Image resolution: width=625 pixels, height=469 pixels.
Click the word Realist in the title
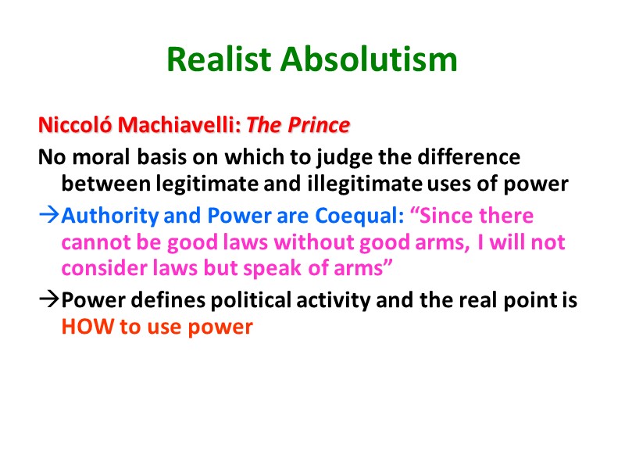point(220,59)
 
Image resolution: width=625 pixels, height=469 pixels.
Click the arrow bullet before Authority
point(48,215)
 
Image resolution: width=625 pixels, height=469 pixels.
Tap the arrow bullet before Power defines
point(48,300)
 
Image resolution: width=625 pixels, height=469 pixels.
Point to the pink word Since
point(451,215)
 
